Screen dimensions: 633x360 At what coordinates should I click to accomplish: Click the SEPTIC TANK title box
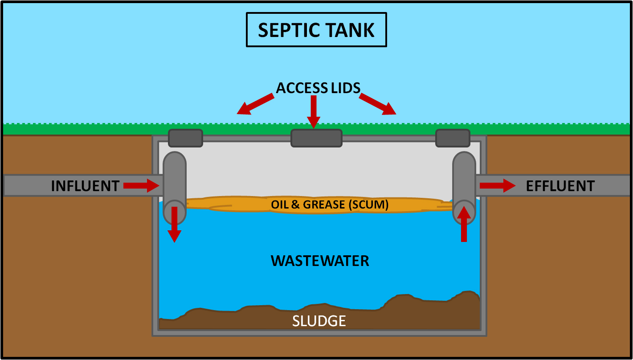click(x=316, y=30)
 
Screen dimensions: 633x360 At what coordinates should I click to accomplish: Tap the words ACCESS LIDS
click(x=318, y=88)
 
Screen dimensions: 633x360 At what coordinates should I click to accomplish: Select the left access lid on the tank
click(x=185, y=138)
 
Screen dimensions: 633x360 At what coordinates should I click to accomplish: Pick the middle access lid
click(x=316, y=138)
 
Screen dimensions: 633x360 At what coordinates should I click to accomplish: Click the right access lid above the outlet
click(x=453, y=138)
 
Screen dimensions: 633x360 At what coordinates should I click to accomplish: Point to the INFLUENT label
click(x=85, y=186)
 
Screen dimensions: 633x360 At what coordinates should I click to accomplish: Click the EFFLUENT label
click(x=560, y=186)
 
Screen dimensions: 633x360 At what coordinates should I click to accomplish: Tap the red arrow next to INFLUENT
click(x=141, y=186)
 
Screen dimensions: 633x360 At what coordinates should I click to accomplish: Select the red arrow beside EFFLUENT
click(x=498, y=186)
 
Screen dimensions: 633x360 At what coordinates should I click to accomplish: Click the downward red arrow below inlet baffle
click(x=174, y=225)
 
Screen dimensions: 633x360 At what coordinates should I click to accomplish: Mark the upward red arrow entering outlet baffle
click(x=464, y=224)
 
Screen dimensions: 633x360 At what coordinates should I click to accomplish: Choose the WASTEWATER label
click(x=320, y=261)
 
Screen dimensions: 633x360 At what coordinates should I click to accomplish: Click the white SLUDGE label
click(x=319, y=321)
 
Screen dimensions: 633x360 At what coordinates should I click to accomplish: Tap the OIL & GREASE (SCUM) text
click(x=330, y=205)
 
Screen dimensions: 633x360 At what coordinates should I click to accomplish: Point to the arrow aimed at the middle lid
click(x=314, y=112)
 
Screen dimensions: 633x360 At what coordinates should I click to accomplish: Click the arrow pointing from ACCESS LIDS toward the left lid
click(x=255, y=104)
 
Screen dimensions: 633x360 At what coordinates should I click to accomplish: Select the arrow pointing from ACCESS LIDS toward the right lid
click(x=378, y=104)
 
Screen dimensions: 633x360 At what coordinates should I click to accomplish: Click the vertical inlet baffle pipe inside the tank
click(x=175, y=188)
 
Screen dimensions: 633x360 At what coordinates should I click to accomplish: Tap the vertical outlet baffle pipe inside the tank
click(x=464, y=188)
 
